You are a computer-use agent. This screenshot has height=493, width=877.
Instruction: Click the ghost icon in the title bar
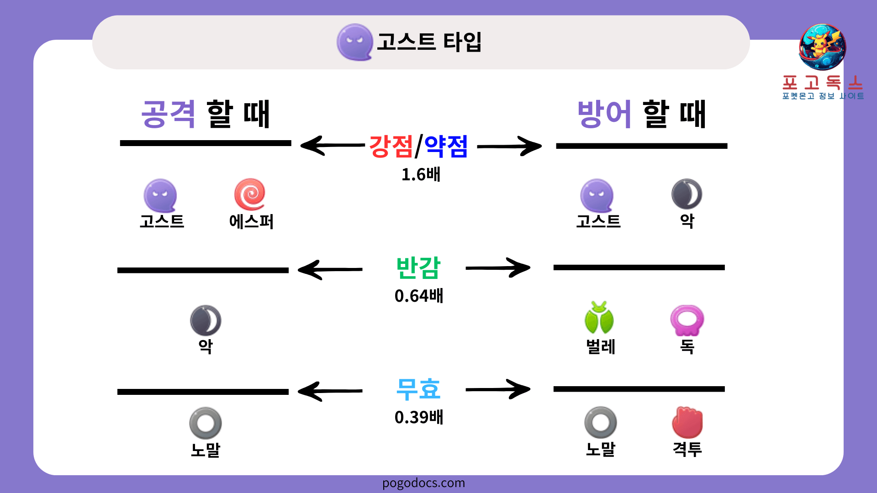(x=354, y=42)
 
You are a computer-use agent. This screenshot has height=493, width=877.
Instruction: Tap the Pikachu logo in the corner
(x=822, y=47)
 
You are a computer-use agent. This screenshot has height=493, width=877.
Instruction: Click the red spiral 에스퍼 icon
(x=250, y=194)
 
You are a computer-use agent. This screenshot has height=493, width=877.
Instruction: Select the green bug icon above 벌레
(x=599, y=318)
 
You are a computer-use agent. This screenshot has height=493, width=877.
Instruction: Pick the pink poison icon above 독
(x=687, y=320)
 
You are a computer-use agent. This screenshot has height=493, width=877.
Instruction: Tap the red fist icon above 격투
(x=687, y=422)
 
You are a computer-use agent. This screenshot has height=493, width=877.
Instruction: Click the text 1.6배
(x=421, y=174)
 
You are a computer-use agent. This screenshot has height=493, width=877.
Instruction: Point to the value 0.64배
(x=419, y=296)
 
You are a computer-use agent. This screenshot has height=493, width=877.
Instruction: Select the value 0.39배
(x=419, y=417)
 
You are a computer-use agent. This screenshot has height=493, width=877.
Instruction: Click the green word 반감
(x=418, y=268)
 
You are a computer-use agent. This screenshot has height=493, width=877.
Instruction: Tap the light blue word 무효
(x=418, y=389)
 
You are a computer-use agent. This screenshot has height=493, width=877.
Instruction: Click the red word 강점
(x=391, y=147)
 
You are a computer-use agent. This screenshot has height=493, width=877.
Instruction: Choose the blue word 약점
(x=446, y=147)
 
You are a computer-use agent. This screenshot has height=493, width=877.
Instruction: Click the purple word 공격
(x=169, y=114)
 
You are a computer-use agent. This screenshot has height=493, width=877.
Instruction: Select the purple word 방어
(x=605, y=114)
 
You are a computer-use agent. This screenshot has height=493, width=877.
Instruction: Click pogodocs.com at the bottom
(x=423, y=483)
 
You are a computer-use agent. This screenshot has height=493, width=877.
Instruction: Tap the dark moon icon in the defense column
(x=687, y=194)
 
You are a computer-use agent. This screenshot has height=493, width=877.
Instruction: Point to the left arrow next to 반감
(x=330, y=269)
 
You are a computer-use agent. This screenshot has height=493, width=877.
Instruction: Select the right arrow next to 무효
(x=498, y=389)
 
